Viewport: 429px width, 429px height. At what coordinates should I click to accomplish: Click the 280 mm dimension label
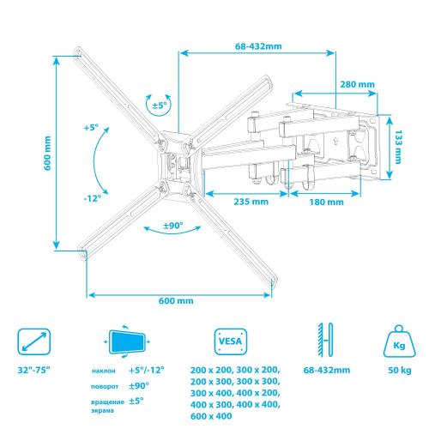pos(357,84)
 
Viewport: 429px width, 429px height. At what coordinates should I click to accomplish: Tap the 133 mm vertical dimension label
pos(398,147)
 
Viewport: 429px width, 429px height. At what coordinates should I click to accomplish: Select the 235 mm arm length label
pos(251,202)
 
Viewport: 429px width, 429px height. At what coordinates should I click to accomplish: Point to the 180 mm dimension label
pos(326,202)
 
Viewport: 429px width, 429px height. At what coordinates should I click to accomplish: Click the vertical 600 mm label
pos(47,153)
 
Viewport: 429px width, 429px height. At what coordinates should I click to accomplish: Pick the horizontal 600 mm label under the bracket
pos(176,300)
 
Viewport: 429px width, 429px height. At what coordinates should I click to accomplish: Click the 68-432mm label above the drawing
pos(258,46)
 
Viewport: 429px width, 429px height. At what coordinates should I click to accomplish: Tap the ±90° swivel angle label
pos(172,226)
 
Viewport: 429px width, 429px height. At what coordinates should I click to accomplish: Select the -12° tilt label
pos(93,198)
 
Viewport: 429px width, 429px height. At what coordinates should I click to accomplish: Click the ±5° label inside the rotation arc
pos(160,106)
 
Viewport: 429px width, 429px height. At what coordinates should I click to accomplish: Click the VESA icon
pos(231,341)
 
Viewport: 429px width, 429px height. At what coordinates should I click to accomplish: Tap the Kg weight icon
pos(399,341)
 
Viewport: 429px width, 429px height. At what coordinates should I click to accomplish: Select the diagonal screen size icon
pos(34,341)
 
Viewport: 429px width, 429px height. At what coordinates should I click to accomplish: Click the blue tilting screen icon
pos(127,341)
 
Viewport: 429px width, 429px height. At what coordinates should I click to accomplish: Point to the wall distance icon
pos(325,340)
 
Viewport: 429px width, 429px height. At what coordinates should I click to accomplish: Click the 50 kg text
pos(400,370)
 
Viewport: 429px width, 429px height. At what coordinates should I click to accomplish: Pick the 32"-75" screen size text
pos(33,370)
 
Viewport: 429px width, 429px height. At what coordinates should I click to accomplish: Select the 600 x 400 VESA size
pos(211,416)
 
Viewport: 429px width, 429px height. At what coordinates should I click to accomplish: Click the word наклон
pos(104,371)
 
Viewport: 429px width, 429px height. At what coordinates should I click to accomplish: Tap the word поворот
pos(105,387)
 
